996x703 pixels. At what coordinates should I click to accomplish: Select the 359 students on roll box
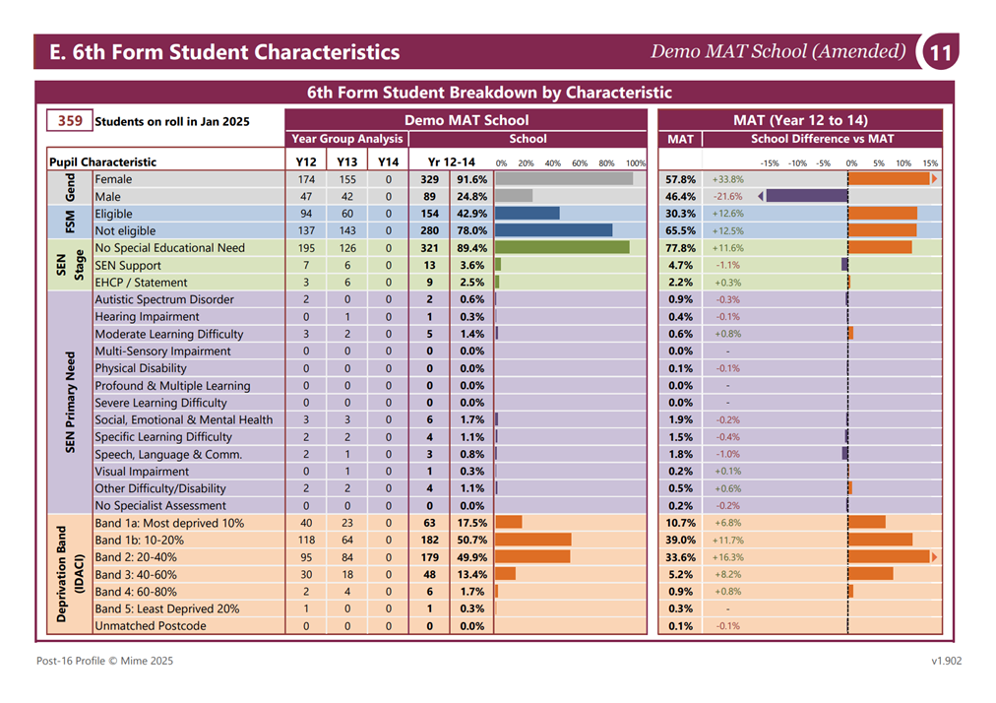tap(69, 121)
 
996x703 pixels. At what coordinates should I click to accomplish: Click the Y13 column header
tap(346, 161)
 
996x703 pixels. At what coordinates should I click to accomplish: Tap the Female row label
tap(114, 179)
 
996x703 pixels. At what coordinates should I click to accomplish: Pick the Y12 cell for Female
tap(306, 179)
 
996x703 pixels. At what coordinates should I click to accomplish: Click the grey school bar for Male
tap(514, 196)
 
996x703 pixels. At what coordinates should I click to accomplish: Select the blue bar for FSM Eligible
tap(528, 214)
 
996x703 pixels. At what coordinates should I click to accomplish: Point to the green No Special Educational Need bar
tap(562, 248)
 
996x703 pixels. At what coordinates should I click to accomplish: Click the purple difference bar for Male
tap(807, 196)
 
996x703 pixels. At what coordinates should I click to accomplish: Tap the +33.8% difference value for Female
tap(728, 179)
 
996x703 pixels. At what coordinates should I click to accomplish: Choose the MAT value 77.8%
tap(680, 248)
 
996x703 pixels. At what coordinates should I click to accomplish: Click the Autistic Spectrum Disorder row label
tap(164, 299)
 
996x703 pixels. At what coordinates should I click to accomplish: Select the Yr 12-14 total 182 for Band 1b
tap(429, 540)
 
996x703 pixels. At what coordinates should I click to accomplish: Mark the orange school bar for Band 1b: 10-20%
tap(532, 540)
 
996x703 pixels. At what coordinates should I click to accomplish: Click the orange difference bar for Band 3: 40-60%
tap(870, 574)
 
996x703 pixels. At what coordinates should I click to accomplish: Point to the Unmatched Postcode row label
tap(151, 625)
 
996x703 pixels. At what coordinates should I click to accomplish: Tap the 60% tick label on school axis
tap(580, 163)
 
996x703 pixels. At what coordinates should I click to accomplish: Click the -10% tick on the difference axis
tap(798, 163)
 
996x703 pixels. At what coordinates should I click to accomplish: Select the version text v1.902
tap(947, 661)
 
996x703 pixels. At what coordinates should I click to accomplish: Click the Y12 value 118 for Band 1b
tap(306, 540)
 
